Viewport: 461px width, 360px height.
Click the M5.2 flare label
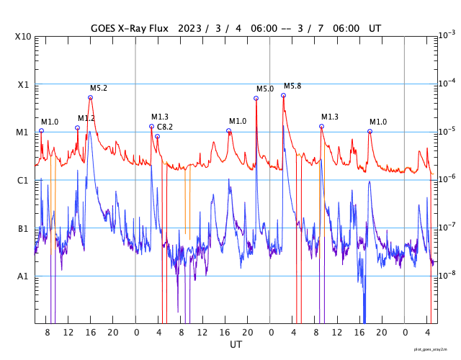[99, 88]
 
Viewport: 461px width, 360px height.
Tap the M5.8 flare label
[292, 86]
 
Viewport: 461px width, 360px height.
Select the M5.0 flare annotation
[265, 89]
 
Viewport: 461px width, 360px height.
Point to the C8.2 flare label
[165, 127]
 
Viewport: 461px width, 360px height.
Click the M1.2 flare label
[86, 118]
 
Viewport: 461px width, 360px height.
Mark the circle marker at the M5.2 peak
[90, 97]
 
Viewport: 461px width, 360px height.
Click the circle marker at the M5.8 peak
[284, 95]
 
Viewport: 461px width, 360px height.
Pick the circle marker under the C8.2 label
[157, 136]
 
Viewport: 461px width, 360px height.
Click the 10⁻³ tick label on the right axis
[446, 35]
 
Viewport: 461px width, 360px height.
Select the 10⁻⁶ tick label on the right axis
[446, 179]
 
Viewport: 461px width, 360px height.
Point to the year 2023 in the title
[189, 29]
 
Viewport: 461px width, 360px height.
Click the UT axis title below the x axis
[236, 345]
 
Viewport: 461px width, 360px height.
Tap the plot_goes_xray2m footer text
[435, 348]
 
